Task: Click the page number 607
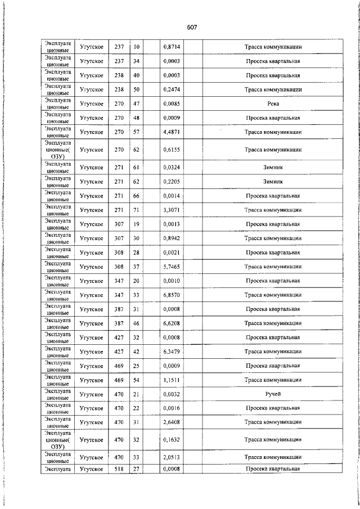191,28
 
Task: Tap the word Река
273,103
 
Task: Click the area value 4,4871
172,132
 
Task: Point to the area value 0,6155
172,150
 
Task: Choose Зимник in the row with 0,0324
273,168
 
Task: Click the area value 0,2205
172,182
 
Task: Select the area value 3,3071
172,210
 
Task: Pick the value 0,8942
172,238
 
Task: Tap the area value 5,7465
172,267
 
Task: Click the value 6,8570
172,295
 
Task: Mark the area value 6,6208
172,323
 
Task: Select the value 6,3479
172,352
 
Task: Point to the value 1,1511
172,380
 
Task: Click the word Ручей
273,394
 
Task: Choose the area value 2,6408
172,422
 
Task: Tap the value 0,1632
172,440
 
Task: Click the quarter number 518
119,469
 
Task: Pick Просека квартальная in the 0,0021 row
273,253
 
